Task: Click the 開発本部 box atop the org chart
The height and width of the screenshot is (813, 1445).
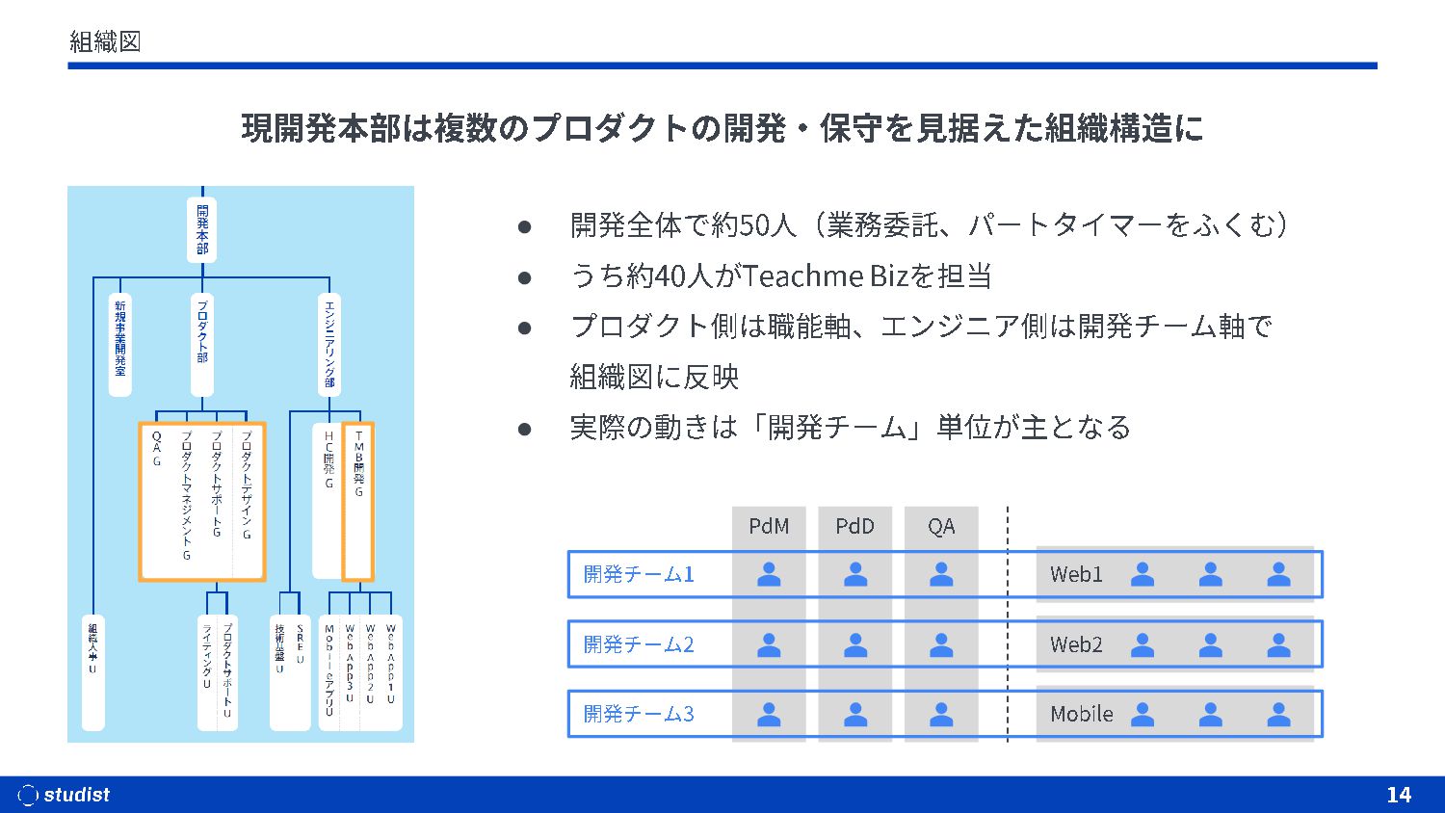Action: point(202,229)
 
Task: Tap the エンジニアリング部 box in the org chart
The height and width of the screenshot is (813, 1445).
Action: point(329,344)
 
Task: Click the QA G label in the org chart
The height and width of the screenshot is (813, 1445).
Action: point(157,449)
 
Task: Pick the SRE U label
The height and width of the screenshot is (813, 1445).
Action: point(300,645)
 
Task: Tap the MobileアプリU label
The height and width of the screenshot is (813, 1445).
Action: point(329,670)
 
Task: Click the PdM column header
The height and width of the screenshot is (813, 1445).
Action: point(769,527)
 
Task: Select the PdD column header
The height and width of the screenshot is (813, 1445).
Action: point(854,527)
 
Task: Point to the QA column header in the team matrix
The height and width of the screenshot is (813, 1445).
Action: point(941,527)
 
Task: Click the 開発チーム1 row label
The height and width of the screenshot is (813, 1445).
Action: point(639,575)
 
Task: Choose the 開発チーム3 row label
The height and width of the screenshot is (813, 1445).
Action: point(639,715)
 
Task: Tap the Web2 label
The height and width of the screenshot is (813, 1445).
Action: point(1076,644)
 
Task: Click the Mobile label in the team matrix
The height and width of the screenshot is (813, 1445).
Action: point(1081,715)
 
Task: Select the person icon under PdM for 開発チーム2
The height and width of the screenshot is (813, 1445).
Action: point(769,644)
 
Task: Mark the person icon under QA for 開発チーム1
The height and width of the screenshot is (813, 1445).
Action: point(941,575)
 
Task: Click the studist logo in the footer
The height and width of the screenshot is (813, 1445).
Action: point(65,795)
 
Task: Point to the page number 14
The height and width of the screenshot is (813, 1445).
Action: point(1399,795)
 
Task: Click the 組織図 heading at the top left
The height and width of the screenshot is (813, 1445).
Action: point(106,41)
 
